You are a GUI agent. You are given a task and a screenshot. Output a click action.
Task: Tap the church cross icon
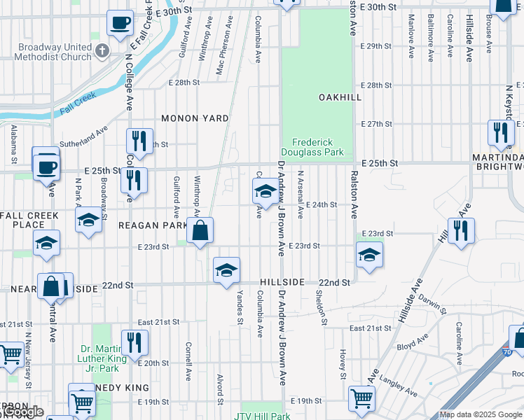point(102,50)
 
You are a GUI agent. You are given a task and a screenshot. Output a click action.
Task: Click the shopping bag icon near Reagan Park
point(200,230)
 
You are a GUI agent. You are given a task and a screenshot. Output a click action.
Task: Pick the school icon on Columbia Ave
point(265,190)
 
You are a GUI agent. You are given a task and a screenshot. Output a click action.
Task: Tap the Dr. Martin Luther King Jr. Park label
point(103,354)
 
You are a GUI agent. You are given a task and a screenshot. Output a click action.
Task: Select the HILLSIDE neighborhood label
point(282,281)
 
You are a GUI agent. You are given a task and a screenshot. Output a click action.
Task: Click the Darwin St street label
point(432,303)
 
